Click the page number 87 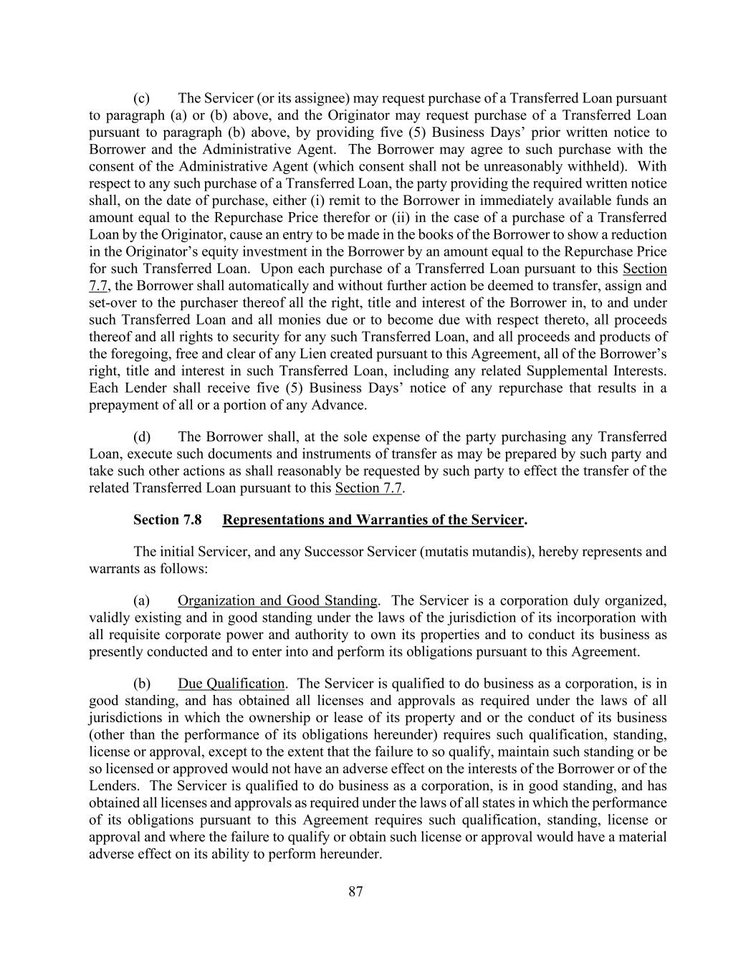pos(355,891)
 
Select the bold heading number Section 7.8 pos(167,519)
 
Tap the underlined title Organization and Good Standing pos(277,600)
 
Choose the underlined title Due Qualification pos(231,684)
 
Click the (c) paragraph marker pos(141,98)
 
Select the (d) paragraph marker pos(141,437)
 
